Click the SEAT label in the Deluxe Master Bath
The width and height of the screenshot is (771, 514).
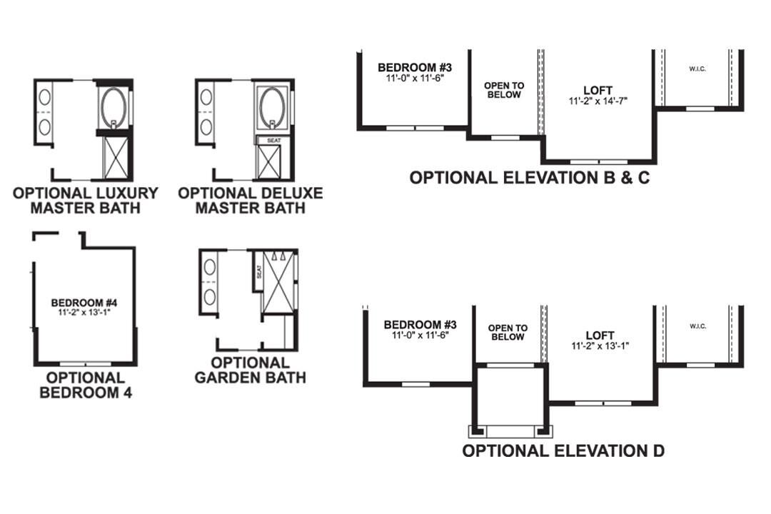click(273, 141)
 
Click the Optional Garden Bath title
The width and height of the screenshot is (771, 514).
click(250, 370)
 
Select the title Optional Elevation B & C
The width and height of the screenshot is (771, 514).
click(530, 178)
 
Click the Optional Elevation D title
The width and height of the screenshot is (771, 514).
click(563, 450)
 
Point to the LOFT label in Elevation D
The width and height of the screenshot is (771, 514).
click(600, 335)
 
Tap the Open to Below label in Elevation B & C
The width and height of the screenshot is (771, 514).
click(504, 90)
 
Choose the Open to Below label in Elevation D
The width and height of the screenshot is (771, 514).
click(508, 333)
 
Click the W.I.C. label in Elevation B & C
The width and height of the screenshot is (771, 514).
click(697, 69)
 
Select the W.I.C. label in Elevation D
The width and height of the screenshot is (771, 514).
click(697, 326)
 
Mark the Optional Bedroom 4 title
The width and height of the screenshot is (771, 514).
click(85, 385)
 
